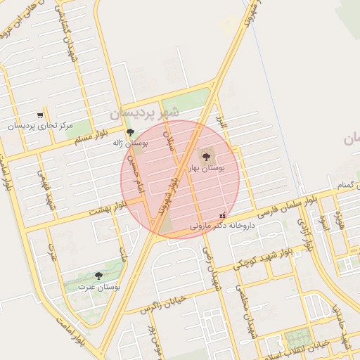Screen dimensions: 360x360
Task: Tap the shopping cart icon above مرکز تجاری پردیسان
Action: (x=40, y=115)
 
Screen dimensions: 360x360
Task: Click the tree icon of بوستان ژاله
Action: (x=129, y=132)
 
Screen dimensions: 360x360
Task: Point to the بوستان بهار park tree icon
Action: (x=205, y=157)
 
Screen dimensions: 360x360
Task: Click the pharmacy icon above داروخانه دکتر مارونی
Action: (x=223, y=215)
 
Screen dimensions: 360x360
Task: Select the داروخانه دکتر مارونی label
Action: (x=221, y=226)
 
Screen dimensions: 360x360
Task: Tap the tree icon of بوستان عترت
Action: (x=98, y=276)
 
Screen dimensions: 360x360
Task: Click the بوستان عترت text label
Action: (x=98, y=287)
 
